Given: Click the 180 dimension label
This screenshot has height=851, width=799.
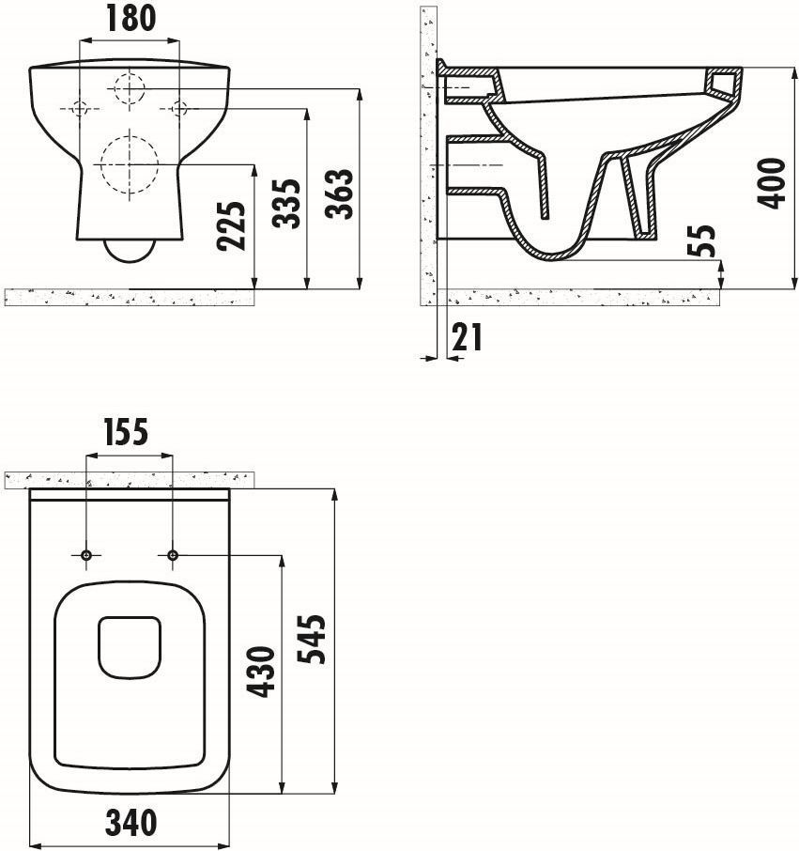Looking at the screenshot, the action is pyautogui.click(x=131, y=18).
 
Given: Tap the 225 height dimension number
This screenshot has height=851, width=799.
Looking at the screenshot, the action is pyautogui.click(x=232, y=225).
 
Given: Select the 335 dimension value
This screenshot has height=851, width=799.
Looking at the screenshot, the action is pyautogui.click(x=286, y=204).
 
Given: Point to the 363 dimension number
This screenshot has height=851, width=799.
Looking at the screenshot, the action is pyautogui.click(x=339, y=193).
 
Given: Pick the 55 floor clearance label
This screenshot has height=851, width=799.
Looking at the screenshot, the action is pyautogui.click(x=701, y=240).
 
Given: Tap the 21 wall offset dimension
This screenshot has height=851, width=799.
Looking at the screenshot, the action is pyautogui.click(x=467, y=337).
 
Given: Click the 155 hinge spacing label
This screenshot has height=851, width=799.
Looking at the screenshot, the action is pyautogui.click(x=126, y=432).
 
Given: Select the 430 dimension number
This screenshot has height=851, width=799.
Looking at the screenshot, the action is pyautogui.click(x=261, y=672).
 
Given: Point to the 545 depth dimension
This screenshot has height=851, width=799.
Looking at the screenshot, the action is pyautogui.click(x=312, y=640).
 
